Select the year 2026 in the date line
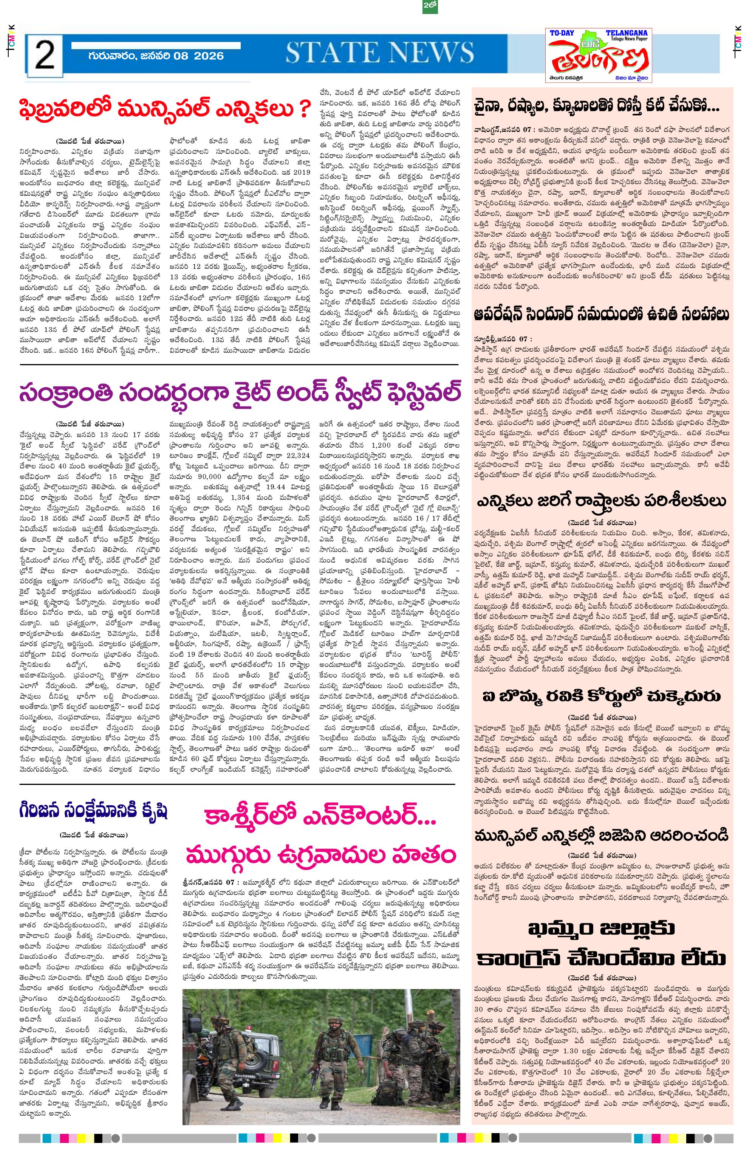209,55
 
